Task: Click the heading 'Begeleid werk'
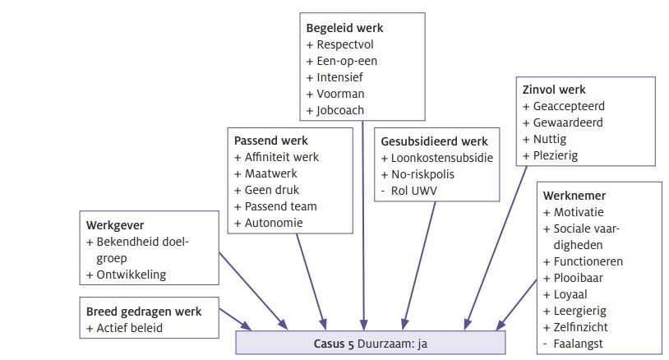344,28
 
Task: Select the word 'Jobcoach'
339,110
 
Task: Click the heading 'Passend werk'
270,141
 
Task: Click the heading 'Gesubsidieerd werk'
434,141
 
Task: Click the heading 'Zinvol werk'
554,90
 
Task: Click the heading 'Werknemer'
574,196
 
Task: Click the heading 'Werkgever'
115,225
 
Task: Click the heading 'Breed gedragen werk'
144,312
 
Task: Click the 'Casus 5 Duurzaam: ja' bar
371,341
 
